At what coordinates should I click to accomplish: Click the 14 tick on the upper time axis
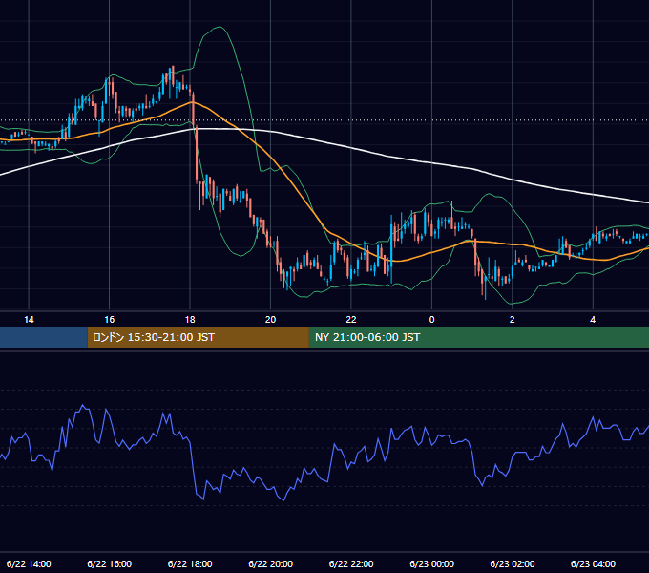point(29,320)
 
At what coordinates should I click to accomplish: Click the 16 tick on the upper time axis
point(109,320)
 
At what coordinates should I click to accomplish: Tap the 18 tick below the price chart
point(190,320)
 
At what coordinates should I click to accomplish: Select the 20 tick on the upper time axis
point(270,320)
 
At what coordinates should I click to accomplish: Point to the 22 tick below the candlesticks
point(351,320)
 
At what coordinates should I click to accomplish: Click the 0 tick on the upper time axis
point(431,320)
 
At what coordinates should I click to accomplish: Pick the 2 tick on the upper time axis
point(512,320)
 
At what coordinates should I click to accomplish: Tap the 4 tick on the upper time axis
point(593,320)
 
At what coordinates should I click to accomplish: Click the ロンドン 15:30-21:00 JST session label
point(153,337)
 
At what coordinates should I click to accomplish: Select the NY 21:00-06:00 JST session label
point(367,337)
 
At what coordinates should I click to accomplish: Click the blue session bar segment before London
point(44,337)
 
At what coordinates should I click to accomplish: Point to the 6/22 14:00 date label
point(29,563)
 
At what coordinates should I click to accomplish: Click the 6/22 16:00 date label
point(109,563)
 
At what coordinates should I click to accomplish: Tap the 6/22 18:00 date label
point(190,563)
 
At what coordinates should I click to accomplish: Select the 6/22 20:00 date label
point(271,563)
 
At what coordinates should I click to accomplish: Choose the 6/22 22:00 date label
point(351,563)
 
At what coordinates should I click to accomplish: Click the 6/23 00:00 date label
point(431,563)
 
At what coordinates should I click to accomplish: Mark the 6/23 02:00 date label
point(513,563)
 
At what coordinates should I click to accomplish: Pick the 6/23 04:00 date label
point(593,563)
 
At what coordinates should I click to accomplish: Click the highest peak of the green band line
point(220,27)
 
